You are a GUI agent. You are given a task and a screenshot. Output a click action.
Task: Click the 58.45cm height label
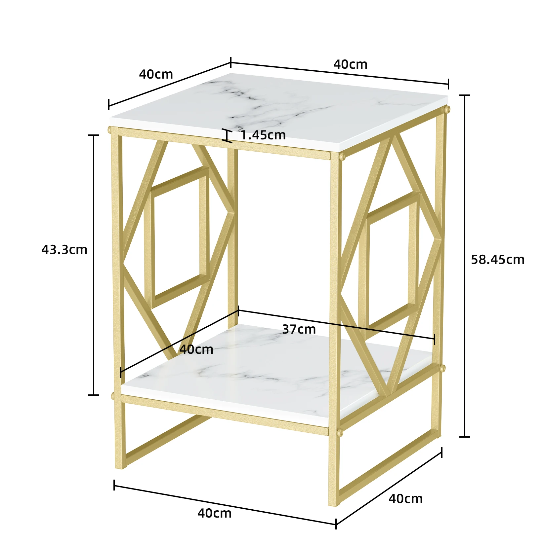point(497,260)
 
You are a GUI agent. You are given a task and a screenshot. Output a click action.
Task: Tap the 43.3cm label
point(64,249)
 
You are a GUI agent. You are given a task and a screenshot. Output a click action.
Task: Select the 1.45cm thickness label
point(263,135)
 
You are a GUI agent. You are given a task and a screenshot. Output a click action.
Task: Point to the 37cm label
point(299,329)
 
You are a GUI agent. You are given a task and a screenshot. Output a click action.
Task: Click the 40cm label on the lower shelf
point(196,349)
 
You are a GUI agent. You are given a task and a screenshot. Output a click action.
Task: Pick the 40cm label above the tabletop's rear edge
point(350,64)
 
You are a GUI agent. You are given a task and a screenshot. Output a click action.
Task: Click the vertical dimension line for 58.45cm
point(465,266)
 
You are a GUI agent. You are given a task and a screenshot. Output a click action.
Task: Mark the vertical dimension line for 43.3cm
point(94,265)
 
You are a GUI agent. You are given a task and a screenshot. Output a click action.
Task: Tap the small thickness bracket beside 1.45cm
point(227,135)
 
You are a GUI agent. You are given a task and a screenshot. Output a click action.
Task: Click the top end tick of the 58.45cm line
point(465,95)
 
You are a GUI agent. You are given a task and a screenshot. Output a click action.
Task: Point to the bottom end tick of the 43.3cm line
point(94,395)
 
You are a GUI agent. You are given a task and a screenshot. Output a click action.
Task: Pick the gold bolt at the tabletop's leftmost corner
point(110,130)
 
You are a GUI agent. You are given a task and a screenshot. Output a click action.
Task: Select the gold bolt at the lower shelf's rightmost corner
point(442,368)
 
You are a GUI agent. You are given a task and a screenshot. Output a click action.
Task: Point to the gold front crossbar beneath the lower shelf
point(225,415)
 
